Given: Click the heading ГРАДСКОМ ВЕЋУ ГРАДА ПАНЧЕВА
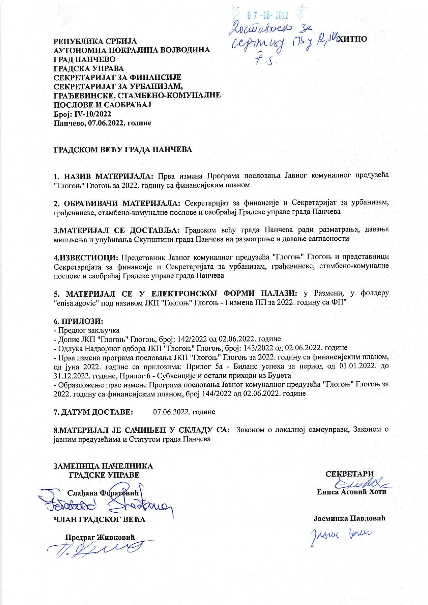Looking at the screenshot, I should click(122, 150).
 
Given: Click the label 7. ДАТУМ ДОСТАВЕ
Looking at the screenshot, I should click(93, 412).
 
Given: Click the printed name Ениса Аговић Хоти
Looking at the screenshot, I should click(350, 492).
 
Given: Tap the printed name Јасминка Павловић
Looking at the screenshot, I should click(349, 518).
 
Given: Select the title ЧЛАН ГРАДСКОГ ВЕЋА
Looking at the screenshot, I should click(99, 519).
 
